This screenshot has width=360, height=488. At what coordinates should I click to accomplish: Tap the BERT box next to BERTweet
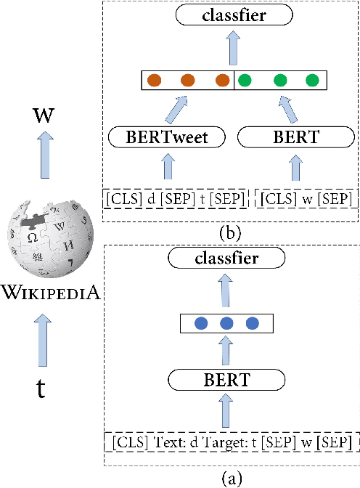coord(295,138)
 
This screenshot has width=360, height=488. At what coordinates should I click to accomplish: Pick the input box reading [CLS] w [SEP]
coord(306,197)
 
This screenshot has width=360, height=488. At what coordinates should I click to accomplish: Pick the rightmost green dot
coord(312,81)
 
